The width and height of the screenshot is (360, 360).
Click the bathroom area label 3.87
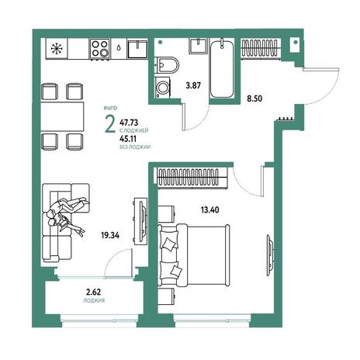pyautogui.click(x=193, y=85)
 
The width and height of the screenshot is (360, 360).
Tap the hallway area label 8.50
pyautogui.click(x=254, y=99)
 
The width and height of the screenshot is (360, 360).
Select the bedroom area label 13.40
pyautogui.click(x=209, y=209)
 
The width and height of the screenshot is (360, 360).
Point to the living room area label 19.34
pyautogui.click(x=110, y=235)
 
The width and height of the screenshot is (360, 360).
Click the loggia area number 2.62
pyautogui.click(x=94, y=292)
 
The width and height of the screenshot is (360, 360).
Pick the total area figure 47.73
pyautogui.click(x=129, y=122)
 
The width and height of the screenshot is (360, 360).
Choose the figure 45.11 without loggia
pyautogui.click(x=128, y=139)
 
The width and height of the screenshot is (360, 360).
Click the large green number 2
pyautogui.click(x=110, y=123)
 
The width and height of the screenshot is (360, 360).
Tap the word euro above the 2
pyautogui.click(x=110, y=108)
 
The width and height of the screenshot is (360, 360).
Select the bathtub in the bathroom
pyautogui.click(x=221, y=68)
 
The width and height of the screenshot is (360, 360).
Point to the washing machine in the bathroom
pyautogui.click(x=163, y=88)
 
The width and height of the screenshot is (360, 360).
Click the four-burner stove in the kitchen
pyautogui.click(x=100, y=49)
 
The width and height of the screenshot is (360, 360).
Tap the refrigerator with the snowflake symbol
pyautogui.click(x=57, y=49)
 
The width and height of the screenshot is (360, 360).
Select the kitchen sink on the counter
pyautogui.click(x=137, y=49)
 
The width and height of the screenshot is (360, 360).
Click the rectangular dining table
pyautogui.click(x=63, y=116)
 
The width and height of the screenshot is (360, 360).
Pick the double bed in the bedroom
pyautogui.click(x=193, y=255)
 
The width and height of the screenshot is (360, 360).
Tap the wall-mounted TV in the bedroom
pyautogui.click(x=270, y=251)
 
